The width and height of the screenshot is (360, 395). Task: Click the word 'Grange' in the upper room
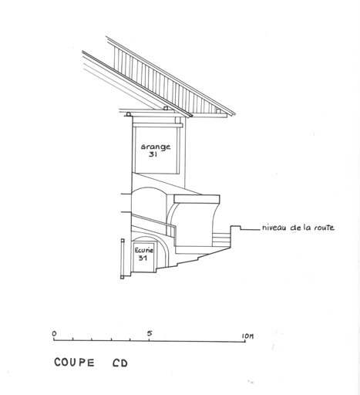pos(156,147)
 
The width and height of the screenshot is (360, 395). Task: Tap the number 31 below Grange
pos(153,154)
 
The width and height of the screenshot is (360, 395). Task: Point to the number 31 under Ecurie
pos(143,258)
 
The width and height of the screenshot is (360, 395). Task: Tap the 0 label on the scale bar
pos(54,333)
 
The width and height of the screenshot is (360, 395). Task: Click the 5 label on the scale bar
pos(150,333)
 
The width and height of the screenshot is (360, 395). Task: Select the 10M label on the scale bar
pos(247,336)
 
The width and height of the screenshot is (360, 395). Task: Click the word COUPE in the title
pos(74,363)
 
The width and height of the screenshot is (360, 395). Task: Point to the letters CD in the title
pos(120,363)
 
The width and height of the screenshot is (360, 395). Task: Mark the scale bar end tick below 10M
pos(245,339)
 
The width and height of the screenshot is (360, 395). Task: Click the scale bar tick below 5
pos(150,339)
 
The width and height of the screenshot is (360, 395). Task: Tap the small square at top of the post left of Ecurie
pos(123,241)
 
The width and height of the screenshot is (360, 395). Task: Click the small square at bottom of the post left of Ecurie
pos(122,277)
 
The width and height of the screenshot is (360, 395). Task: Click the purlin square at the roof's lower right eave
pos(219,111)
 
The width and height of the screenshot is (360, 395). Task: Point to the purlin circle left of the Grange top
pos(128,114)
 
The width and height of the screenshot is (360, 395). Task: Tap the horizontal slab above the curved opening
pos(197,199)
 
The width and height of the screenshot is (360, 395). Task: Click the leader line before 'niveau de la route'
pos(250,229)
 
